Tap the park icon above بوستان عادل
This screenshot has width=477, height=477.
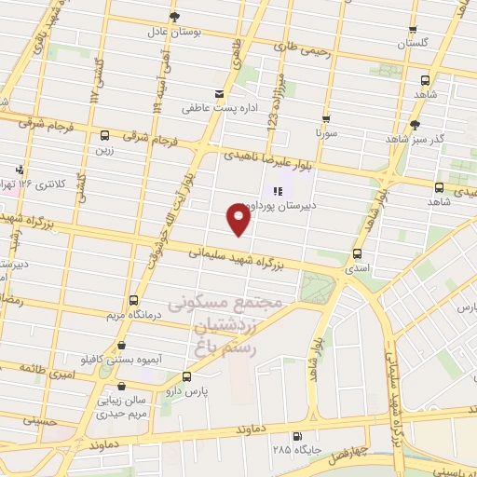point(174,17)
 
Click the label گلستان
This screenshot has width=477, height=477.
point(413,44)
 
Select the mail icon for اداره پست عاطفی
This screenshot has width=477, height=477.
point(219,94)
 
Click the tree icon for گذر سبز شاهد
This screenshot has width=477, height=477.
point(415,123)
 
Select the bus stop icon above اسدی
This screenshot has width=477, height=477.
point(356,253)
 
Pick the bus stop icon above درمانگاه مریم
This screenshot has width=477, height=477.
point(133,300)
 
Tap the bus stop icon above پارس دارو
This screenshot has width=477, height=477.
point(187,376)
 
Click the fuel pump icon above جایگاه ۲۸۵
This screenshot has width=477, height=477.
point(297,436)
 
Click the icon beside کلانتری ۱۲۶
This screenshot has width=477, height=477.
point(19,170)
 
